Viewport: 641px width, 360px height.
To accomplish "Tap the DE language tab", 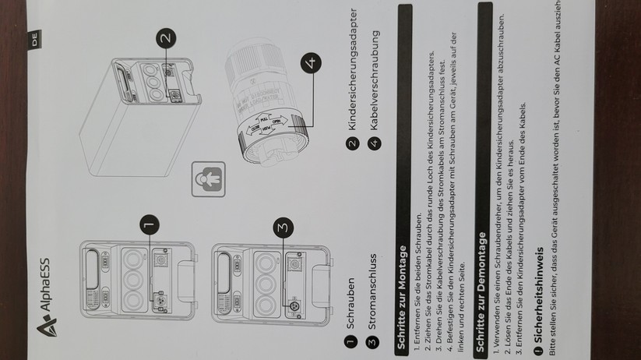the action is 34,39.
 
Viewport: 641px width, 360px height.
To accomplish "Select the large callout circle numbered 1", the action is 150,224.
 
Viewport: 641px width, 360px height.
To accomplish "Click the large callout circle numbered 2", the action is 166,38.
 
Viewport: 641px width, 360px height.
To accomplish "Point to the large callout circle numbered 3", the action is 284,228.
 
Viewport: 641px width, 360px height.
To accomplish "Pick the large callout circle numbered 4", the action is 311,63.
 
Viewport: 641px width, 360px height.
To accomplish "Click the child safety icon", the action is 209,179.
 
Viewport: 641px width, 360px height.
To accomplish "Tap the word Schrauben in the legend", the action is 350,304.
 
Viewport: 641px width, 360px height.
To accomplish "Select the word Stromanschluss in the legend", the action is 372,291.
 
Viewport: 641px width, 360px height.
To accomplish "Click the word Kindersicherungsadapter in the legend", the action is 352,69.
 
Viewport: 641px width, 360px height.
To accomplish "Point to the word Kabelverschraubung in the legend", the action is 374,80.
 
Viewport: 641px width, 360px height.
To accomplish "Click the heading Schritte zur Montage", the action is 402,298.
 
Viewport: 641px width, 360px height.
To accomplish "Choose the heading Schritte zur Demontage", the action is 481,292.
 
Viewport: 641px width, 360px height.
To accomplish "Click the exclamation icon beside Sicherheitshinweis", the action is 539,350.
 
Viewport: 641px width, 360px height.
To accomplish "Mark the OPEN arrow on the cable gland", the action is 280,120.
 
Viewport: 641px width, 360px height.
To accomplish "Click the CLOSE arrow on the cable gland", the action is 253,130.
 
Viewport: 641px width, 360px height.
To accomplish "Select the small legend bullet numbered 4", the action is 374,143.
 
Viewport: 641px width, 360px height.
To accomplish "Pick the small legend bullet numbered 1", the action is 350,341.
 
